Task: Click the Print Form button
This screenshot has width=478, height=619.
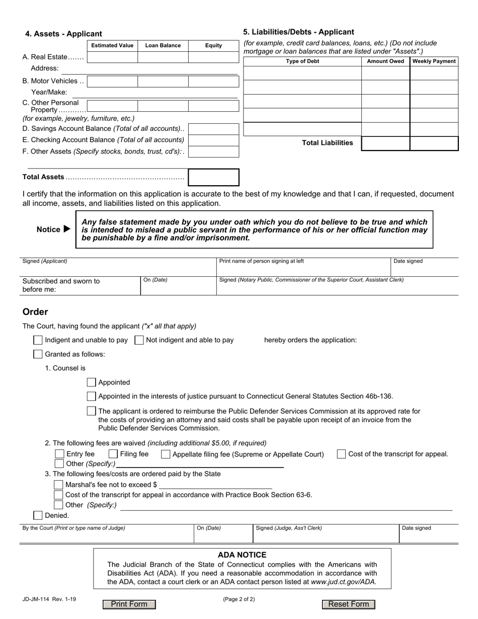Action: point(129,604)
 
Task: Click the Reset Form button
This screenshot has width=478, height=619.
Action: point(348,604)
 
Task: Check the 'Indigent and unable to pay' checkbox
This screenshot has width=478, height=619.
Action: point(38,340)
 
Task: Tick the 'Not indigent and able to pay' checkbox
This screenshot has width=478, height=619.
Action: point(139,340)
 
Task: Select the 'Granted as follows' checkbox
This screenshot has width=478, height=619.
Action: point(38,354)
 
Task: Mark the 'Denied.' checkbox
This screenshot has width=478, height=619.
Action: point(38,515)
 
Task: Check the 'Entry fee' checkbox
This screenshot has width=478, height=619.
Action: point(59,454)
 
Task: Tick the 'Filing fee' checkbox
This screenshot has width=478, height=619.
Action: point(113,454)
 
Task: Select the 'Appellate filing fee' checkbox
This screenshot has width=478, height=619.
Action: point(166,454)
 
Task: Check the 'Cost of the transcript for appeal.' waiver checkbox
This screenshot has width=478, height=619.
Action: point(341,454)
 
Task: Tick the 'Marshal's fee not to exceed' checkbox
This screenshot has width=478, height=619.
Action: point(58,485)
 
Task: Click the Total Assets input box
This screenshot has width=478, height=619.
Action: point(213,177)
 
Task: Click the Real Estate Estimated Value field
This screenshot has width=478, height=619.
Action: point(112,57)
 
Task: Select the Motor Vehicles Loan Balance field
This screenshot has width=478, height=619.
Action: point(163,81)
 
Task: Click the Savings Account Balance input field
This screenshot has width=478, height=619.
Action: point(213,129)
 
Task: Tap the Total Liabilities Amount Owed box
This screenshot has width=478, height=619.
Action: point(385,143)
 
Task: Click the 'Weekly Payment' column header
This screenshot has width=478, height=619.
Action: point(434,61)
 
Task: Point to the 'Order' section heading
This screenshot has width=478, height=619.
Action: point(35,312)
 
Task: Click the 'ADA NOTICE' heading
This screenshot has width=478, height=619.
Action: point(242,555)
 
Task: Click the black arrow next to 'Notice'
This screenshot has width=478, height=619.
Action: point(67,229)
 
